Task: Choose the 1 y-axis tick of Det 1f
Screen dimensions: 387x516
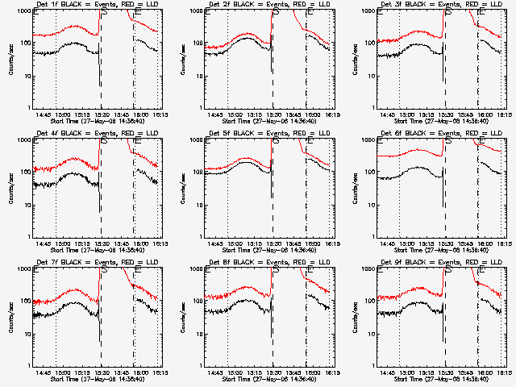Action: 28,108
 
